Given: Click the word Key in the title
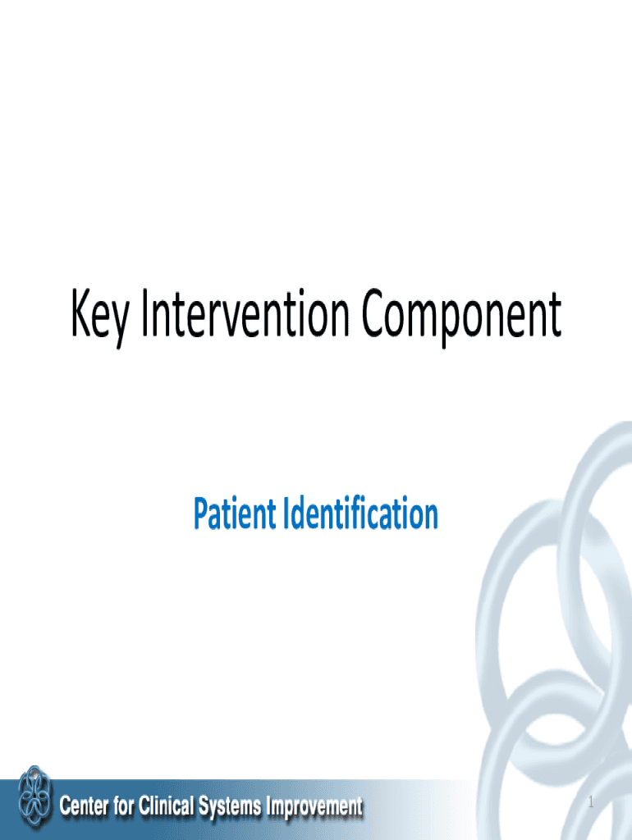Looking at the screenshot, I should tap(99, 319).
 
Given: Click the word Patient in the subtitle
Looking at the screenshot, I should tap(235, 514).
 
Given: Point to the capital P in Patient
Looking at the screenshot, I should tap(200, 514).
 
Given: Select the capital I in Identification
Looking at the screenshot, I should tap(286, 514).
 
